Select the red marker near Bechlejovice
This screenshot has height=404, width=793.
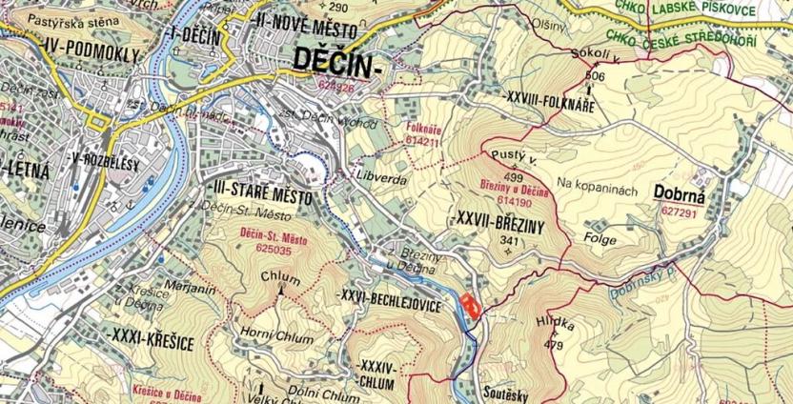click(x=469, y=306)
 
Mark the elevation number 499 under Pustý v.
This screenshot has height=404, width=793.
click(x=514, y=177)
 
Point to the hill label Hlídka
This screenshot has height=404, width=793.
click(x=556, y=324)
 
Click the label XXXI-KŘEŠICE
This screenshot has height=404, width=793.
click(x=146, y=337)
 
